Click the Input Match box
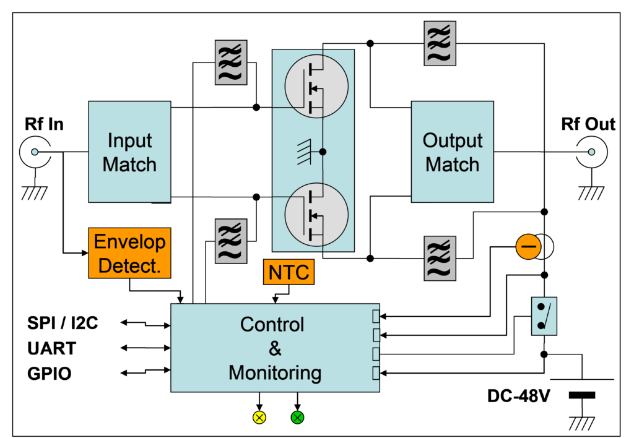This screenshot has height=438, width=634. tap(129, 152)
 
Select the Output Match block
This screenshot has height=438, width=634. tap(452, 152)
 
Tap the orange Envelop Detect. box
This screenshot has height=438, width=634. tap(129, 253)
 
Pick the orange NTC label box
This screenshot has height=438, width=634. tap(289, 272)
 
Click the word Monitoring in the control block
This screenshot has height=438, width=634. tap(275, 373)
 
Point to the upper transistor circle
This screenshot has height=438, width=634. tap(316, 86)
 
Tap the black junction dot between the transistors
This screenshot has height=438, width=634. tap(323, 151)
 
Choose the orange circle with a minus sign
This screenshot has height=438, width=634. tap(528, 247)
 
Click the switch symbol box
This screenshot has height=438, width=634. tap(544, 316)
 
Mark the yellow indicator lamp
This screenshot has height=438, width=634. tap(259, 418)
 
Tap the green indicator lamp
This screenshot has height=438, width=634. tap(297, 418)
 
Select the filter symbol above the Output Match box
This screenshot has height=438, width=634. tap(440, 43)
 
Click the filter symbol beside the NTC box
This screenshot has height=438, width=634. tap(231, 241)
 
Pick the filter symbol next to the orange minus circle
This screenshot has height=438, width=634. tap(440, 258)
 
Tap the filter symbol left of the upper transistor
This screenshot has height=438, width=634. tap(231, 62)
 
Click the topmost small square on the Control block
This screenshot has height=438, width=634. tap(376, 317)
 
